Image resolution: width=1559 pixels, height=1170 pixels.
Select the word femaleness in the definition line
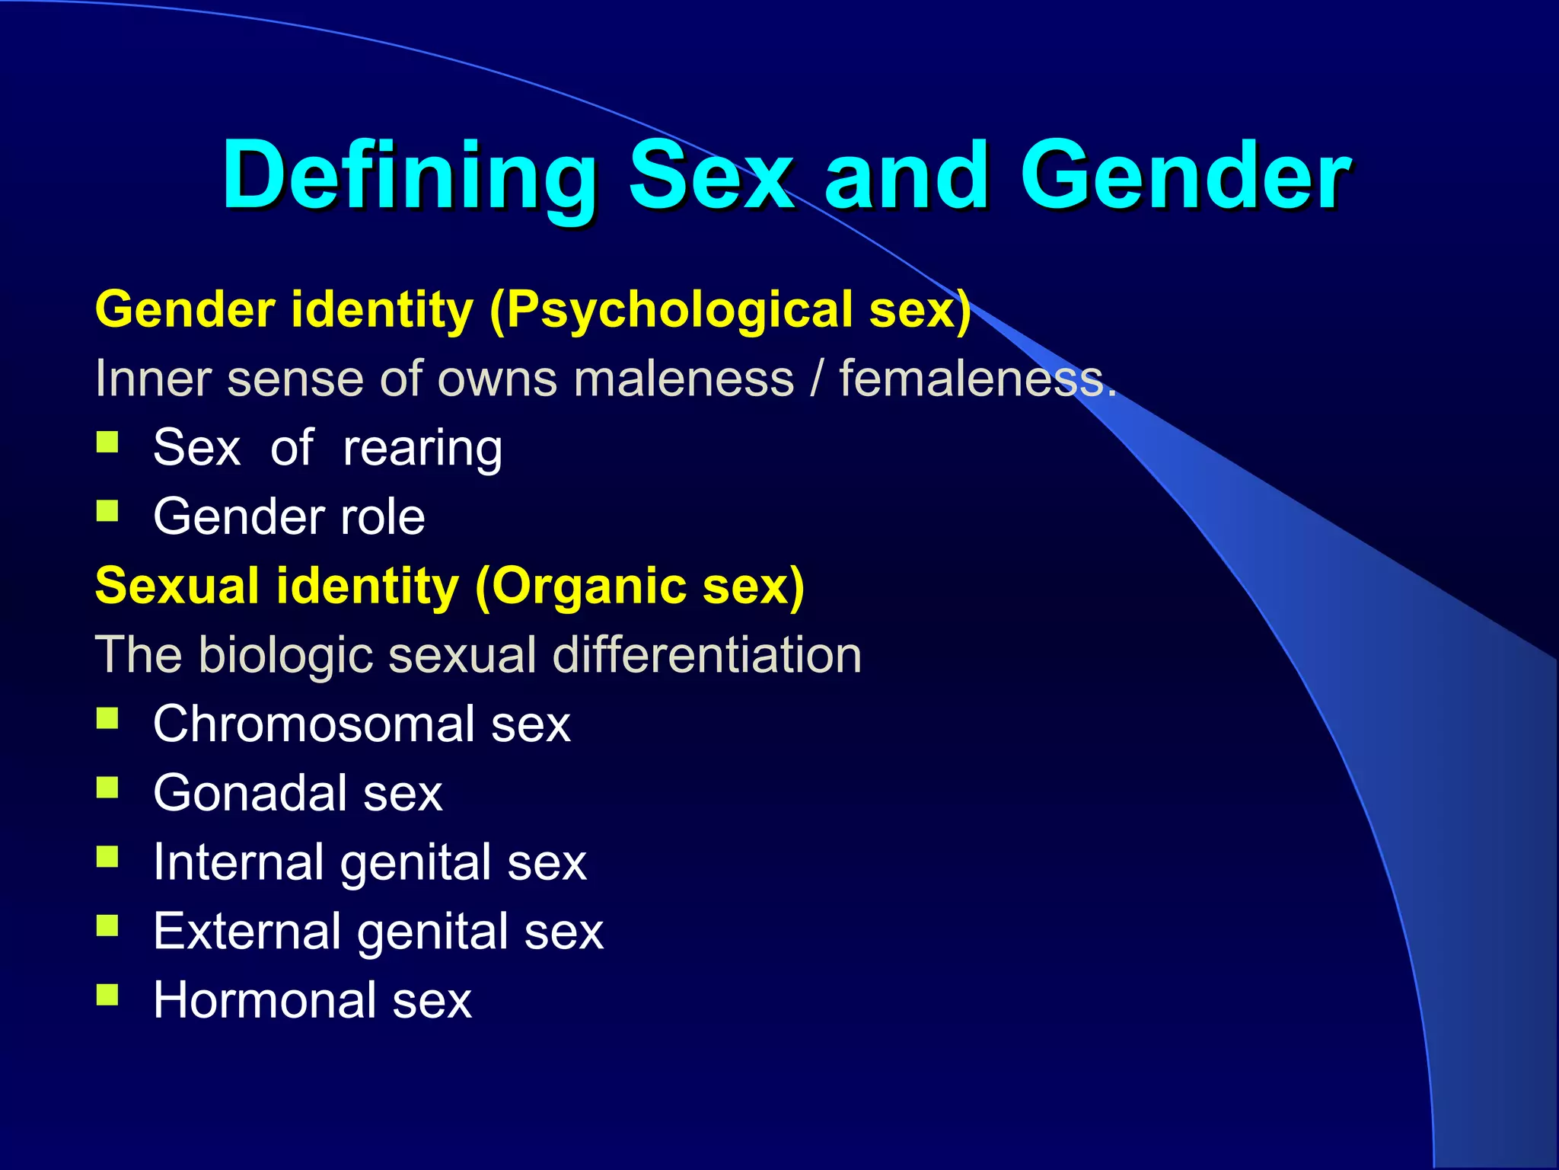[x=977, y=379]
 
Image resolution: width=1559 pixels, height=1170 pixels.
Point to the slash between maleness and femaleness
[x=816, y=379]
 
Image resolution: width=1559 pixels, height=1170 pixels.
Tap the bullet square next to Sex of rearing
[x=107, y=443]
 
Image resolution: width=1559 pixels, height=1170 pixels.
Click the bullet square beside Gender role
[x=107, y=511]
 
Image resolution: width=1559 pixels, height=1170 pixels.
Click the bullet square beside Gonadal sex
[x=107, y=788]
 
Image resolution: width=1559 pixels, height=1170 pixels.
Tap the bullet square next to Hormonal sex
[x=107, y=995]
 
